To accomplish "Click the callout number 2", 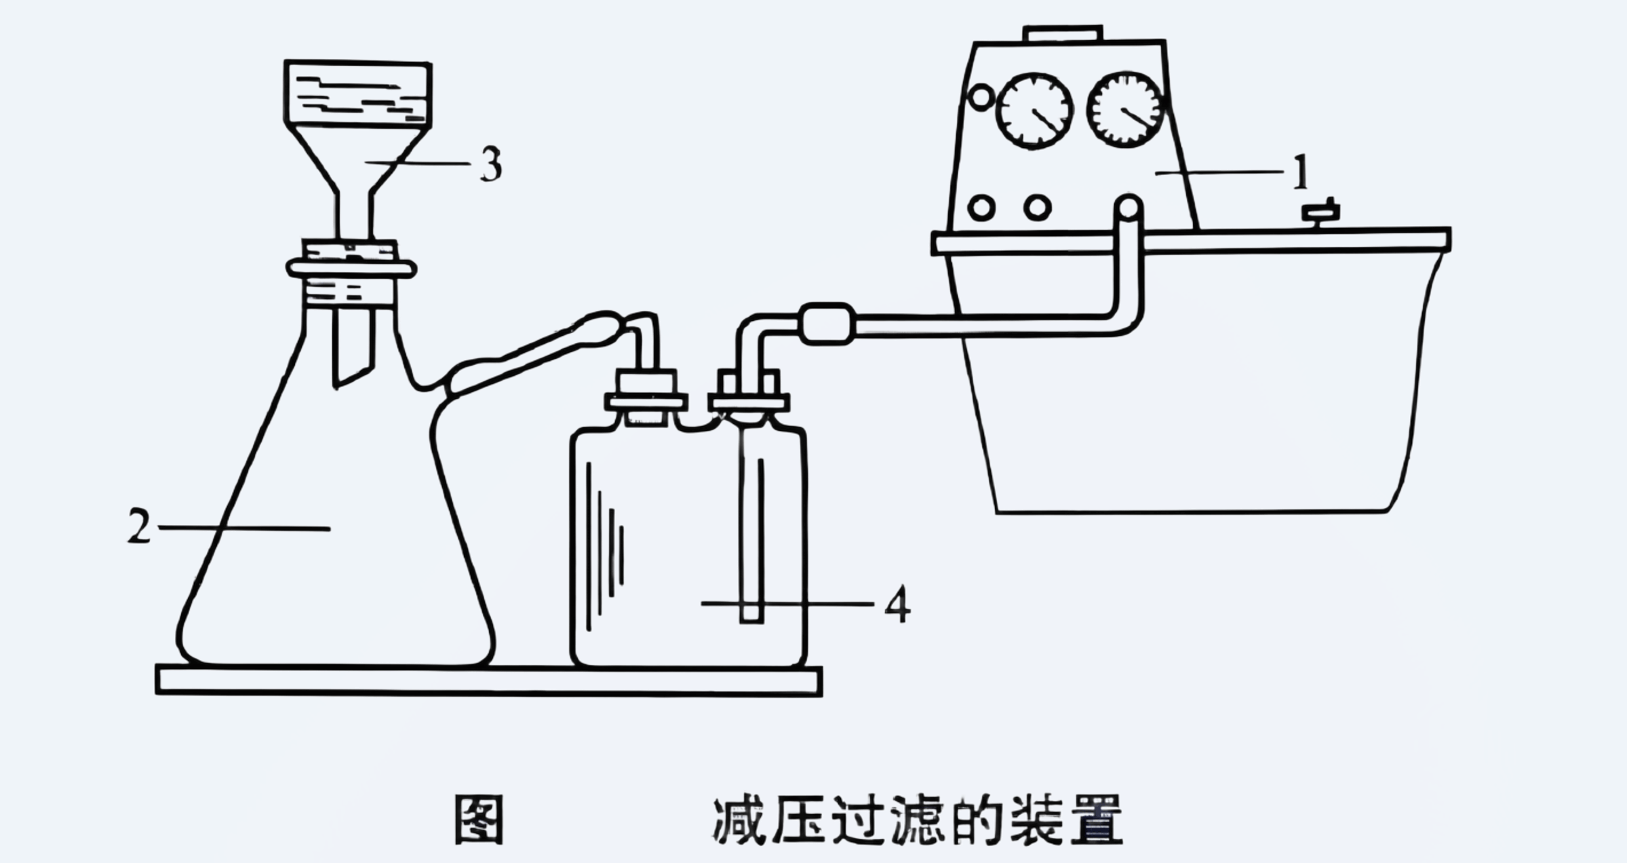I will pyautogui.click(x=139, y=526).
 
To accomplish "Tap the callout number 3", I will pyautogui.click(x=492, y=164).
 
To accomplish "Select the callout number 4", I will pyautogui.click(x=897, y=605).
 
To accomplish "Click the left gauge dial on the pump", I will pyautogui.click(x=1034, y=111).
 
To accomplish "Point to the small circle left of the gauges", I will pyautogui.click(x=981, y=97).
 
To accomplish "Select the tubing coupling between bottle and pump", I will pyautogui.click(x=827, y=324).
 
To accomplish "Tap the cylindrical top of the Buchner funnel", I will pyautogui.click(x=357, y=93).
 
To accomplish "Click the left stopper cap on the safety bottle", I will pyautogui.click(x=646, y=394).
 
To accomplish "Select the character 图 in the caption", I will pyautogui.click(x=479, y=820).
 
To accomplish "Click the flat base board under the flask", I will pyautogui.click(x=488, y=680).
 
